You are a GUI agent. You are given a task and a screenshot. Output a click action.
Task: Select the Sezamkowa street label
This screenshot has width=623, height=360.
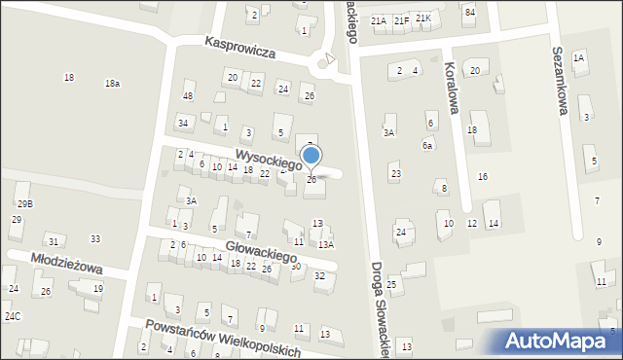[x=559, y=82]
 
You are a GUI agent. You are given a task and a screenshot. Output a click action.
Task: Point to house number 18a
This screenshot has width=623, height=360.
[x=112, y=84]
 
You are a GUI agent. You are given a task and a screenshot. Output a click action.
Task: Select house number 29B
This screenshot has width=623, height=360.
[x=24, y=203]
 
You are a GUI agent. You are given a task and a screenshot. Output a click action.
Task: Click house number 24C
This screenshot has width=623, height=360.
[x=12, y=316]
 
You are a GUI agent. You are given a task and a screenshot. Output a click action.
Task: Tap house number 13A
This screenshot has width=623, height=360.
[x=326, y=244]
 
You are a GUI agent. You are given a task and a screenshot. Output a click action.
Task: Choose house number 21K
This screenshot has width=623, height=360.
[x=422, y=18]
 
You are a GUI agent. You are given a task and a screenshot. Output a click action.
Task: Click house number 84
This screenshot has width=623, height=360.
[x=469, y=12]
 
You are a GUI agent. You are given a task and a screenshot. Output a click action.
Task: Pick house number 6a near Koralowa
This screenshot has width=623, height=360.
[x=426, y=145]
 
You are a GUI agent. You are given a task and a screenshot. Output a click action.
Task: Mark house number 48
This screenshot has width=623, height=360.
[x=188, y=95]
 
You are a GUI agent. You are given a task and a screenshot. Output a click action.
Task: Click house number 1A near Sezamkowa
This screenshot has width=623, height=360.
[x=578, y=58]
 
